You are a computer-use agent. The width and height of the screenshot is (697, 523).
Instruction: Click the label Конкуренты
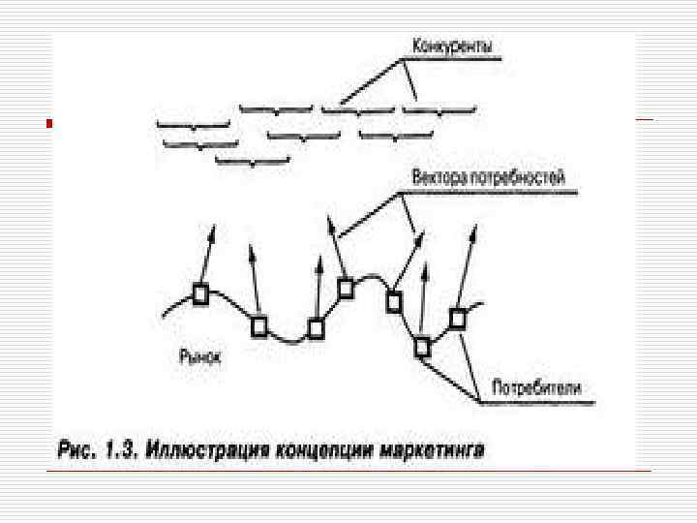(x=451, y=46)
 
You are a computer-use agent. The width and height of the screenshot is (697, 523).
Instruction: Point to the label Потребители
(x=537, y=387)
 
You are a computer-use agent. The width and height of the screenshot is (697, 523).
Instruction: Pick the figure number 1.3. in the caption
(x=122, y=449)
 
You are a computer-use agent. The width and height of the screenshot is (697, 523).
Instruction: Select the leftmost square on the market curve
(x=200, y=294)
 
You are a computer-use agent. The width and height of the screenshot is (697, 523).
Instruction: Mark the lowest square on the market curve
(x=422, y=346)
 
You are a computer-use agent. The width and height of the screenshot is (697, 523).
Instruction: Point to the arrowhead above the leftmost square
(x=213, y=229)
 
